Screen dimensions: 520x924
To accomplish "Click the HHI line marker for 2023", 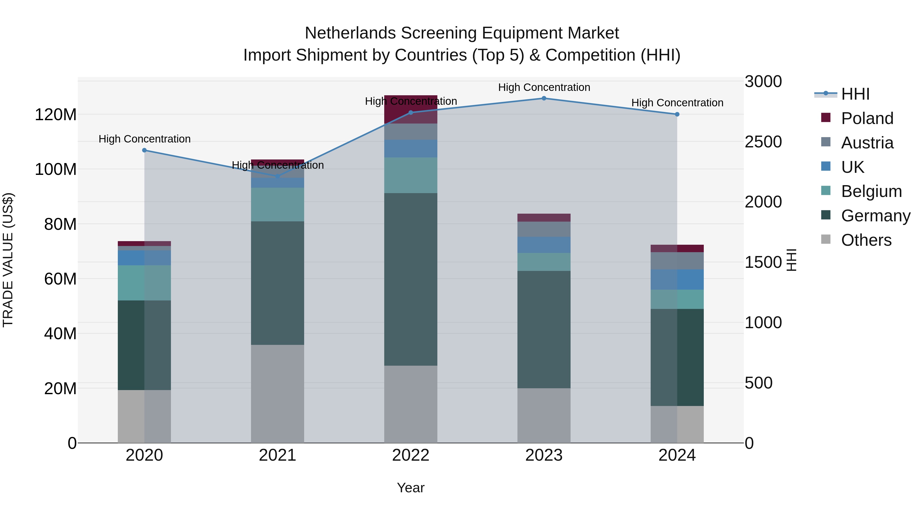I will (x=544, y=98).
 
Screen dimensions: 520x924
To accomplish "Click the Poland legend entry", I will (x=867, y=118).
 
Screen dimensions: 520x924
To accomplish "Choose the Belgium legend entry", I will (x=871, y=191).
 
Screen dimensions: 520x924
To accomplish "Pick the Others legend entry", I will (x=866, y=240).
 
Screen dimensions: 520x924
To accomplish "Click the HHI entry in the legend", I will (x=855, y=94).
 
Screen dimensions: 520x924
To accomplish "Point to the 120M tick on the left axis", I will (x=56, y=115).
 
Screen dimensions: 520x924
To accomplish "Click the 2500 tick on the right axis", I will (x=763, y=142).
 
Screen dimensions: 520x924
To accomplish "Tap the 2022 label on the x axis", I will (x=411, y=455).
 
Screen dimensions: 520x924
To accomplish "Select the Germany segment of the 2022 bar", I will (x=411, y=279).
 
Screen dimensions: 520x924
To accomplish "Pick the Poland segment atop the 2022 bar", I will (x=411, y=109).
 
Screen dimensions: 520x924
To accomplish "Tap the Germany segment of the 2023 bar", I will (x=544, y=329).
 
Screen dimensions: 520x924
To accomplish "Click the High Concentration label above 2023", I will (x=544, y=87).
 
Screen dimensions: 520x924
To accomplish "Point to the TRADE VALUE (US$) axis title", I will (x=8, y=260).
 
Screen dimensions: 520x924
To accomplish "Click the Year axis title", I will (x=411, y=488).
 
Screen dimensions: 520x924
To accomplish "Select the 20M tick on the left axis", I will (x=60, y=389).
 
